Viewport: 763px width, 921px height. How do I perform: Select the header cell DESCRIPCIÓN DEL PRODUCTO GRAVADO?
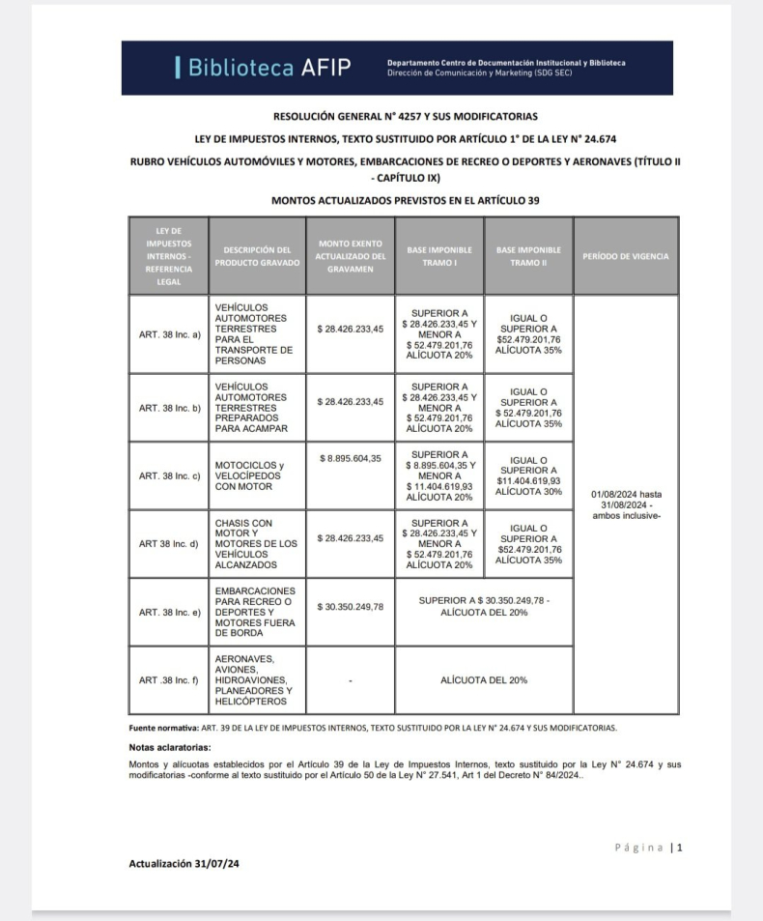(x=257, y=256)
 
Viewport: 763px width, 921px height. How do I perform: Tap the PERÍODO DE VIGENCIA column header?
(x=625, y=256)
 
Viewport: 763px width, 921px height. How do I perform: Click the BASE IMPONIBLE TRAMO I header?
(x=439, y=256)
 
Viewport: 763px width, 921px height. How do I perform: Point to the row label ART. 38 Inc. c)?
(x=169, y=475)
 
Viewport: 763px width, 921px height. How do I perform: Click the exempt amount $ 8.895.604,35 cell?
(x=350, y=458)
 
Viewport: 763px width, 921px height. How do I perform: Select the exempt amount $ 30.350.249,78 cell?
(x=350, y=607)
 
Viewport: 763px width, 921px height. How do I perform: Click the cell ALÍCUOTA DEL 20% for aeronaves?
(x=483, y=680)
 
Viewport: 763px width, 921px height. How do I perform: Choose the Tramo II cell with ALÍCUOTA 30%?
(x=527, y=475)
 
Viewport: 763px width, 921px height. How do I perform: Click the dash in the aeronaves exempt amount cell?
(x=350, y=680)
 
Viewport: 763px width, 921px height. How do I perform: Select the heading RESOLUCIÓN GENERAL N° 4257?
(x=405, y=116)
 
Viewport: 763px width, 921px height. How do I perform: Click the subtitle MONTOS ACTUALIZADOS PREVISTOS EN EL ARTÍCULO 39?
(x=405, y=200)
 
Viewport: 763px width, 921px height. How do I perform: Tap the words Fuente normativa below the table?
(x=163, y=728)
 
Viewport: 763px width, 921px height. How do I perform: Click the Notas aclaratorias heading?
(x=170, y=748)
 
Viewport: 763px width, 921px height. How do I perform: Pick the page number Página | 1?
(x=648, y=848)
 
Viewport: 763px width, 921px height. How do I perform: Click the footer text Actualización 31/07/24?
(x=184, y=864)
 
